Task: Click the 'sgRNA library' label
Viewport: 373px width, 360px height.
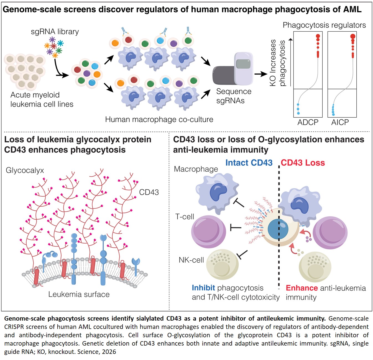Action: tap(55, 32)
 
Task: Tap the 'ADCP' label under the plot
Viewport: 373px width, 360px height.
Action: tap(308, 122)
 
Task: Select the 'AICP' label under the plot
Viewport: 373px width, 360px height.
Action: tap(340, 122)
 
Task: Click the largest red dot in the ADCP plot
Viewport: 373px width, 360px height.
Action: tap(318, 36)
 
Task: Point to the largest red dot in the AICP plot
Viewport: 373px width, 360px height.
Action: tap(353, 36)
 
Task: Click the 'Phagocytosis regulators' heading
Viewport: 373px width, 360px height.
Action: tap(324, 25)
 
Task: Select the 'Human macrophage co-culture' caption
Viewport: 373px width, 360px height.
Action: tap(159, 120)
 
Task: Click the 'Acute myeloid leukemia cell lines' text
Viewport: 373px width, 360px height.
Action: tap(42, 100)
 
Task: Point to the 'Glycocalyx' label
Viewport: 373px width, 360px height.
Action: tap(25, 170)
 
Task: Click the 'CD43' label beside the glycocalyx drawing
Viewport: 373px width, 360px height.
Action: tap(149, 192)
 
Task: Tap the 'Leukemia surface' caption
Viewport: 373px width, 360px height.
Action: tap(79, 294)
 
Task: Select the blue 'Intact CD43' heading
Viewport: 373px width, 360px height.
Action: tap(249, 163)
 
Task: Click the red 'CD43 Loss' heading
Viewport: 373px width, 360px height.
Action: tap(303, 163)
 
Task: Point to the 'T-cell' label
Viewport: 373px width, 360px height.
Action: tap(185, 217)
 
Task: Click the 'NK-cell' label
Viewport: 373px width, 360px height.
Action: tap(191, 260)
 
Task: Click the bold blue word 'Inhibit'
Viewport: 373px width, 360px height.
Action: tap(203, 288)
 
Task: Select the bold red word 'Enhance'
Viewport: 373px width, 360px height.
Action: tap(302, 288)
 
